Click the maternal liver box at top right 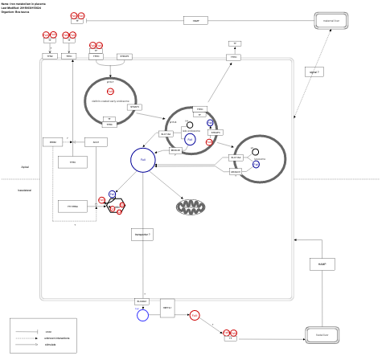click(x=330, y=22)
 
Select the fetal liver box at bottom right click(x=322, y=335)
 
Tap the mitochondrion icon click(x=191, y=207)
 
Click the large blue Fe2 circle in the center click(x=142, y=160)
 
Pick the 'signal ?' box click(x=314, y=72)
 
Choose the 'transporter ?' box click(x=142, y=234)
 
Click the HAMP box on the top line click(x=195, y=20)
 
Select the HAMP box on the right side click(x=322, y=264)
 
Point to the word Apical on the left click(x=25, y=167)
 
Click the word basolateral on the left click(x=25, y=190)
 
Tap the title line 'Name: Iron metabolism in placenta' click(x=24, y=3)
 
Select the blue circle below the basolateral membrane click(x=142, y=315)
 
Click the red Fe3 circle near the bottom click(x=195, y=315)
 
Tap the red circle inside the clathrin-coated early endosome click(x=110, y=92)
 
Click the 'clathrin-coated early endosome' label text click(x=110, y=101)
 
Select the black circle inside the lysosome click(x=255, y=152)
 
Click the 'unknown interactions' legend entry click(x=57, y=338)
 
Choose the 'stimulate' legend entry click(x=51, y=345)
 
